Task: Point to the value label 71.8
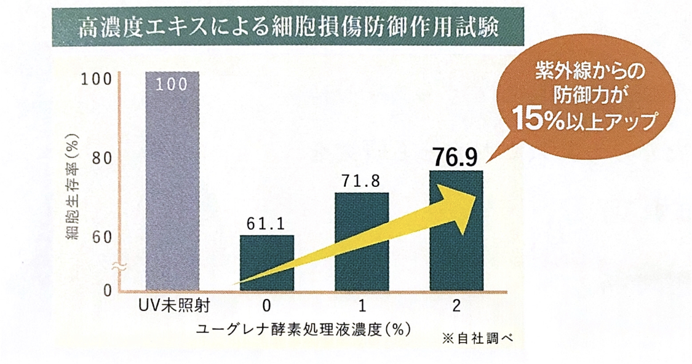(x=361, y=181)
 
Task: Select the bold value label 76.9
(x=456, y=157)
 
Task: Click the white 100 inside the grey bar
(x=172, y=85)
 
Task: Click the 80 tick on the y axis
(x=102, y=158)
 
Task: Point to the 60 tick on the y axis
(x=102, y=237)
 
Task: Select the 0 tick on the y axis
(x=106, y=290)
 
